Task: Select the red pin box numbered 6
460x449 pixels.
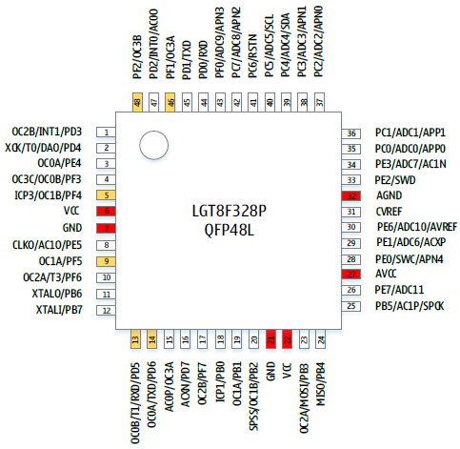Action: pyautogui.click(x=106, y=211)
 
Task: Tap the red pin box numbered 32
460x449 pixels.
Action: pyautogui.click(x=351, y=196)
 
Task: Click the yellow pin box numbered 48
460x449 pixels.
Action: pyautogui.click(x=137, y=102)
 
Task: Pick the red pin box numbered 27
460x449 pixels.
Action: pyautogui.click(x=351, y=275)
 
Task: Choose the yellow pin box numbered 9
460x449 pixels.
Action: pyautogui.click(x=106, y=261)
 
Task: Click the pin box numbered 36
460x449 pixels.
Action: pyautogui.click(x=351, y=133)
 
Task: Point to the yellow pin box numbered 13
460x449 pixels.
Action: pyautogui.click(x=135, y=339)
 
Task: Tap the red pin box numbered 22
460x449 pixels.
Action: pyautogui.click(x=287, y=339)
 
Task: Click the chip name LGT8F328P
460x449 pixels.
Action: pyautogui.click(x=230, y=211)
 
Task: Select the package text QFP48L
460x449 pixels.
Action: pyautogui.click(x=230, y=230)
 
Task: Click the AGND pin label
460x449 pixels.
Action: pyautogui.click(x=389, y=195)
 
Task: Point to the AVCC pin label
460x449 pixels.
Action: pyautogui.click(x=386, y=274)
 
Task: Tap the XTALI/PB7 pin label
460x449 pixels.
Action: pyautogui.click(x=59, y=310)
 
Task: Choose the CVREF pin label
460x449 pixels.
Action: pyautogui.click(x=389, y=212)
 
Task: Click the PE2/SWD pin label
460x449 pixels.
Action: pyautogui.click(x=395, y=180)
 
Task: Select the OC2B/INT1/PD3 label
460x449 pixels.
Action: pyautogui.click(x=47, y=132)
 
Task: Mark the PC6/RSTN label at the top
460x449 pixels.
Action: pyautogui.click(x=252, y=56)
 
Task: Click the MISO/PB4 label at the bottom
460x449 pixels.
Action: pyautogui.click(x=321, y=384)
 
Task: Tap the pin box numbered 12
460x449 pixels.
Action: pyautogui.click(x=106, y=311)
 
